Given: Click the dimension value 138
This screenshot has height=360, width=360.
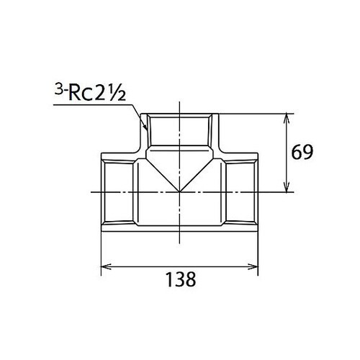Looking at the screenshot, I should coord(179,279).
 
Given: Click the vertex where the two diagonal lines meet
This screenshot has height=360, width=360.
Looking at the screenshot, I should coord(179,192).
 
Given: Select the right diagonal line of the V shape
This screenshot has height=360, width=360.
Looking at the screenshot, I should coord(199,171).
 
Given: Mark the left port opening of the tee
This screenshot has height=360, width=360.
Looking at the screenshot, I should coord(102,192).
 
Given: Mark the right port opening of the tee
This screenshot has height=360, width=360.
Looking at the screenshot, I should coord(258,192).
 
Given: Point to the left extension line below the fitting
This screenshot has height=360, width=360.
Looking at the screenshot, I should coord(100,252).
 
